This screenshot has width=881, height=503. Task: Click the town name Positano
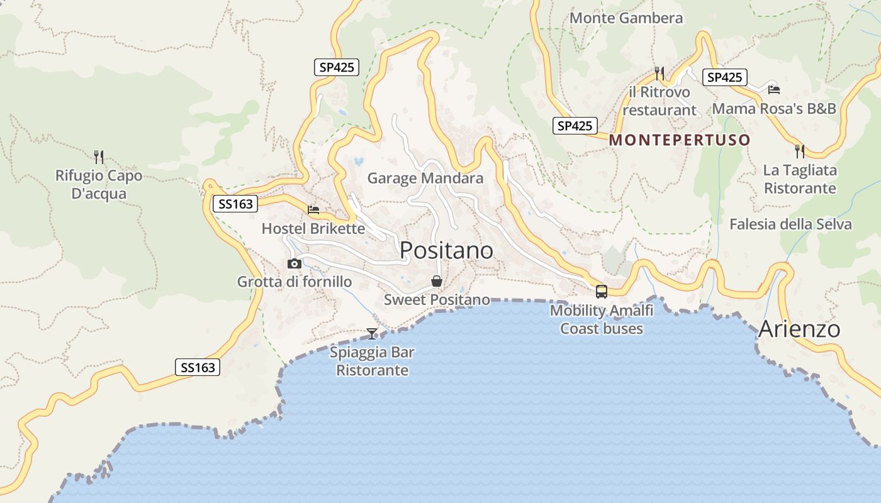pos(446,250)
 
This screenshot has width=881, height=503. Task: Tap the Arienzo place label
pos(799,329)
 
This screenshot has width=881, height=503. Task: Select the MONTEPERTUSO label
pos(680,140)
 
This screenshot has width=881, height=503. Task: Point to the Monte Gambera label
pos(626,18)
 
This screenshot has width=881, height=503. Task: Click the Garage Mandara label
pos(425,178)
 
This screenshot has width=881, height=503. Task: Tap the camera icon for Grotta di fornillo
pos(294,263)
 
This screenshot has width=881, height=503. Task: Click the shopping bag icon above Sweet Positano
pos(436,281)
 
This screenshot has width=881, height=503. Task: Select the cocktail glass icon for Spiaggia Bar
pos(372,333)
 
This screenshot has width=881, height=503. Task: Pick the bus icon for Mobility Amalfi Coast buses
pos(602,292)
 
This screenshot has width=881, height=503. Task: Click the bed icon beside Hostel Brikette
pos(313,210)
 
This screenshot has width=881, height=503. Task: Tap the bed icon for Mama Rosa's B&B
pos(773,90)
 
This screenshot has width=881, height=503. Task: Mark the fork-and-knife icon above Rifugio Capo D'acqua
pos(99,157)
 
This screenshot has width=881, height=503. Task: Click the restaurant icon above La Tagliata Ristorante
pos(799,152)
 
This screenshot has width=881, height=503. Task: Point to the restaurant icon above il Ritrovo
pos(659,74)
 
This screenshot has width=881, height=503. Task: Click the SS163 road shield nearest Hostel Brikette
pos(235,204)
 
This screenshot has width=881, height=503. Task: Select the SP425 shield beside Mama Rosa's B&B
pos(724,77)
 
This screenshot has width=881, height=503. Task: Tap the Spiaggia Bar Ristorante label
pos(372,361)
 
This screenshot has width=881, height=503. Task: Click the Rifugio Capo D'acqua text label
pos(99,184)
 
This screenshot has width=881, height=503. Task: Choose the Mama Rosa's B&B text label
pos(773,108)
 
